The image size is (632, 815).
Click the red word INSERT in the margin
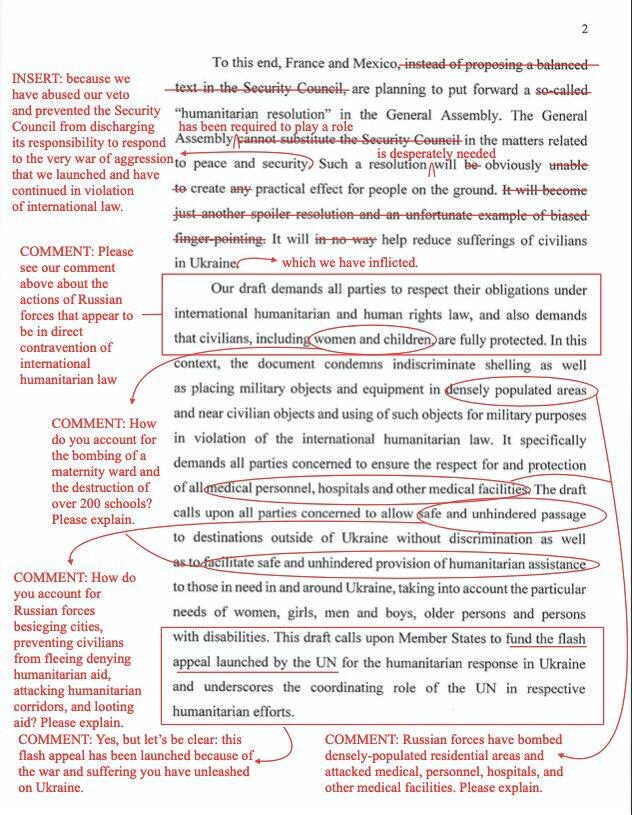point(34,78)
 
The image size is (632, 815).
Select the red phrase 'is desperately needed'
point(436,154)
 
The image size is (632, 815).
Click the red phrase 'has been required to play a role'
point(264,127)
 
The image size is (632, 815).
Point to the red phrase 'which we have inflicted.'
point(349,263)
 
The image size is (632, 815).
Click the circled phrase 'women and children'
point(372,338)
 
